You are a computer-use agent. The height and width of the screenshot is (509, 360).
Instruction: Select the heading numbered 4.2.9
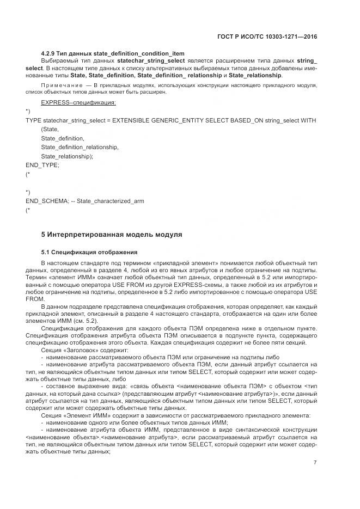113,53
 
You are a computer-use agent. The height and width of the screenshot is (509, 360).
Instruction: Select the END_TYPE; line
42,165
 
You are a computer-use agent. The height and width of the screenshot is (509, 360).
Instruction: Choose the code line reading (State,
50,129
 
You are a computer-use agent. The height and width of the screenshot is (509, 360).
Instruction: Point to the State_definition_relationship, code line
80,147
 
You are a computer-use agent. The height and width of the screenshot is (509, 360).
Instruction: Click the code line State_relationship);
67,156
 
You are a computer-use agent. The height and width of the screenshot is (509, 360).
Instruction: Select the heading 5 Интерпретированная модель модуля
112,235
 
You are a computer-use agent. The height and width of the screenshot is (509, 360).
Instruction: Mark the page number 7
315,463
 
